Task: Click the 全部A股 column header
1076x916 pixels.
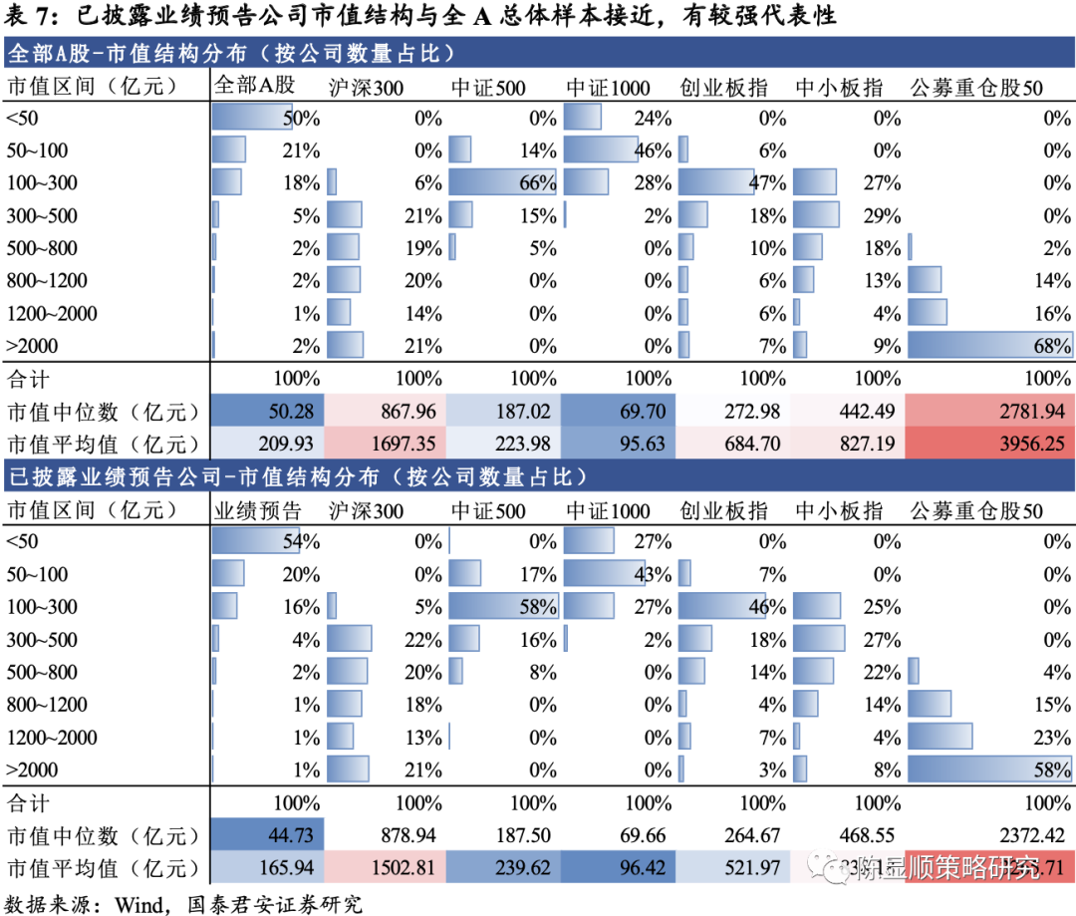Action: (x=255, y=88)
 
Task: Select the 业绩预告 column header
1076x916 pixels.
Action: (x=258, y=512)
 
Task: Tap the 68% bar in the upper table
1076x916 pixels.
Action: (x=989, y=346)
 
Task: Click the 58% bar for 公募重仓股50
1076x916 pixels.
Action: (x=989, y=769)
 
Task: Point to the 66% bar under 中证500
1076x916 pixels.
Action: (x=501, y=182)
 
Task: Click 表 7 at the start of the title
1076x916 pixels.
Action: (x=30, y=16)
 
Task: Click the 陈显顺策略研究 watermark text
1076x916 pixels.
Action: (x=946, y=868)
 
